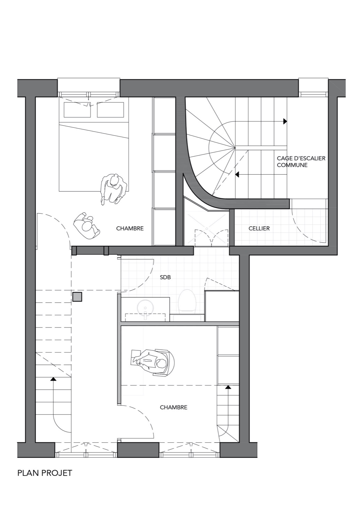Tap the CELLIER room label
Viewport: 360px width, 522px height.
coord(259,228)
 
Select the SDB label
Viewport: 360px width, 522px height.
coord(165,277)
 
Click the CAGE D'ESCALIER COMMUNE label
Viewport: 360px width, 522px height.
coord(301,161)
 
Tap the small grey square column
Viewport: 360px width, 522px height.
coord(77,296)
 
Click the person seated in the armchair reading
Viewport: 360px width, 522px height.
coord(153,362)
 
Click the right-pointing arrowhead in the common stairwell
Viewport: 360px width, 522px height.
coord(285,121)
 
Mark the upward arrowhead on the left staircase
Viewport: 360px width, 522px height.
coord(54,379)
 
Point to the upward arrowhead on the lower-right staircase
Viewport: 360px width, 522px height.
coord(228,387)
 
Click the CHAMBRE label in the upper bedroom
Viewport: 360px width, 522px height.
coord(130,228)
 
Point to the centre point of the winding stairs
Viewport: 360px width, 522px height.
coord(235,148)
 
